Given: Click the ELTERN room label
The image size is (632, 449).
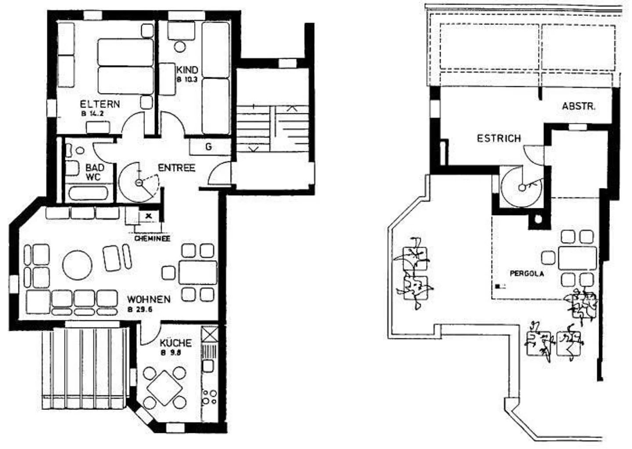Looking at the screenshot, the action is coord(100,104).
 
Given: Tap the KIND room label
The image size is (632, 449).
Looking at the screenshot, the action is coord(187,70).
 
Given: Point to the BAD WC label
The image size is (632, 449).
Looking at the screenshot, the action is coord(95,172).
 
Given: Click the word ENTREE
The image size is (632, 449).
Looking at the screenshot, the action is coord(176,168).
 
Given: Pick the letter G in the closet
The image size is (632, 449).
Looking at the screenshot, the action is coord(208,147).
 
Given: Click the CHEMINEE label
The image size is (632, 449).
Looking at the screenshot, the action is coord(152,239).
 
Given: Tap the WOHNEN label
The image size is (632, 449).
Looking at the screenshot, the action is coord(149,299).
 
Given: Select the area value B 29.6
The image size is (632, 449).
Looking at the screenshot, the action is coord(140,309).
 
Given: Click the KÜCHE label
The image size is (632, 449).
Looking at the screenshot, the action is coord(176,343).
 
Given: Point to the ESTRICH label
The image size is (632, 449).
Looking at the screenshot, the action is coord(499,139).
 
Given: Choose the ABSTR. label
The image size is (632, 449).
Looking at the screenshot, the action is coord(578,106).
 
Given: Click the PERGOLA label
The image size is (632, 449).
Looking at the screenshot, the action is coord(527,273).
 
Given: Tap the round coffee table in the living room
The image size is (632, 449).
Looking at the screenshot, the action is coord(77,265).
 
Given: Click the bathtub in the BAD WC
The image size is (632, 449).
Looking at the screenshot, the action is coord(88,193).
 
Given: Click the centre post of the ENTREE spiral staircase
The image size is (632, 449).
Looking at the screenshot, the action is coord(139,183).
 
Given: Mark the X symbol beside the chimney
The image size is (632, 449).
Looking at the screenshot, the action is coord(149,216).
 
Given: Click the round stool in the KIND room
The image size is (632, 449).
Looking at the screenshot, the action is coord(180,47).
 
